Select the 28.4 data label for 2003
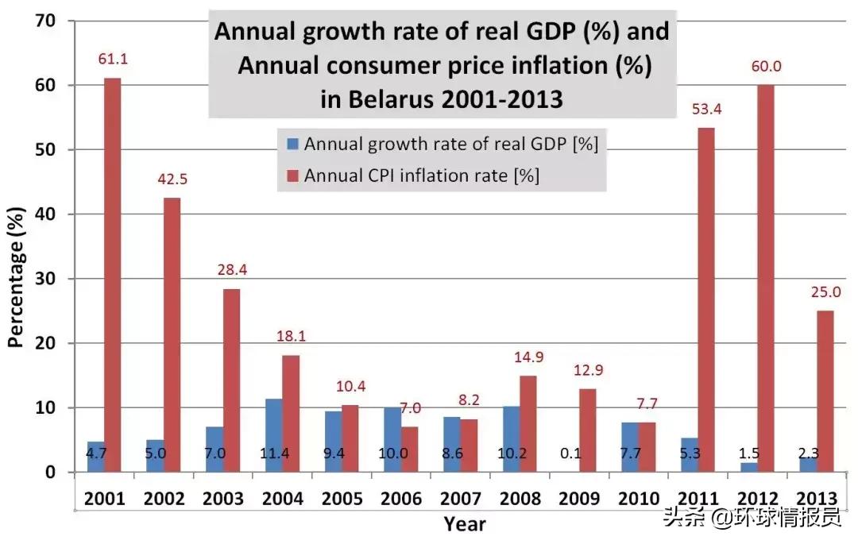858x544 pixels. [x=232, y=270]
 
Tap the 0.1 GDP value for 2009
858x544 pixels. [x=570, y=454]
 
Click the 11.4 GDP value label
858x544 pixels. [x=273, y=454]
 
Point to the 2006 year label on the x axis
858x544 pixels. [x=402, y=499]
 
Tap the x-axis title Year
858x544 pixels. [x=465, y=523]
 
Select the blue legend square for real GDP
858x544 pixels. [x=292, y=145]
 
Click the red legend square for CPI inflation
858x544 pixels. [x=292, y=176]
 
